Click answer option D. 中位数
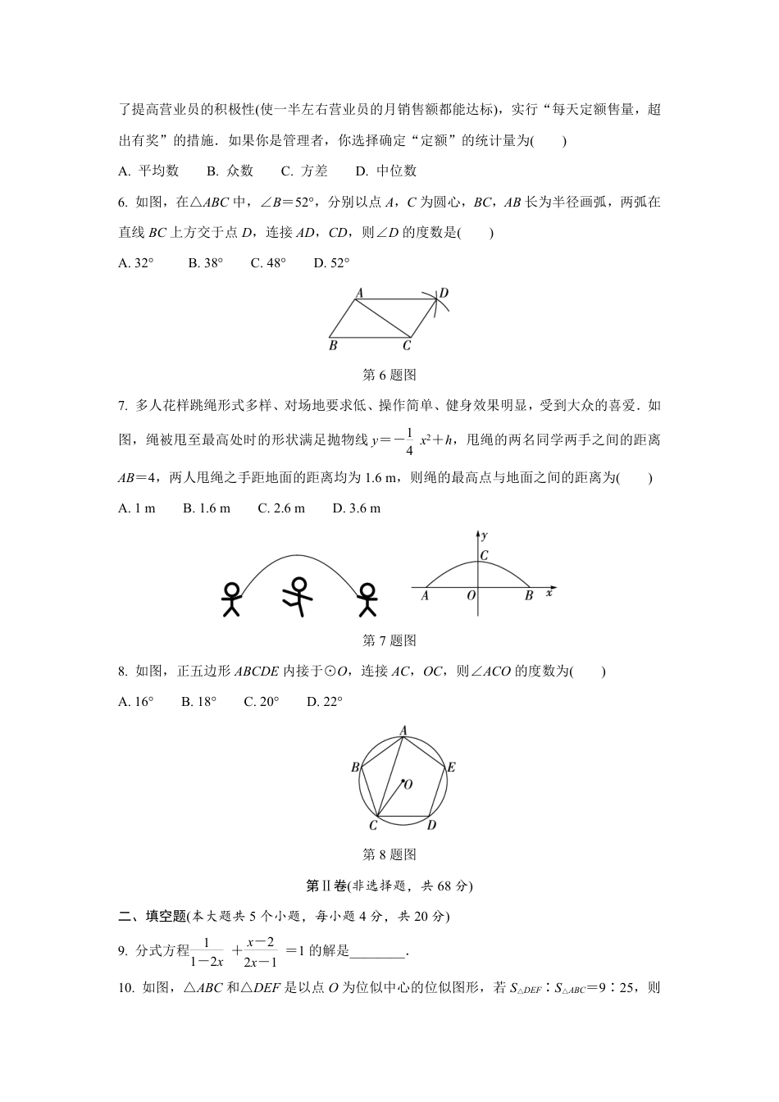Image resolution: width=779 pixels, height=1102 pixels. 386,171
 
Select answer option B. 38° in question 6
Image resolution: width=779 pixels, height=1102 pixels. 205,262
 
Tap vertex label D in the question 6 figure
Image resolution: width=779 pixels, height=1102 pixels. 444,294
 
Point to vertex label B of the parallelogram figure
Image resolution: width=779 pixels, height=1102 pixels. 333,346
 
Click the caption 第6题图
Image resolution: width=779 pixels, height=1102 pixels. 389,375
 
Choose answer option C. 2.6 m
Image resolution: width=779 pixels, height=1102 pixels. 281,508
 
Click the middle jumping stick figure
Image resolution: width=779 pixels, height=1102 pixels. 298,596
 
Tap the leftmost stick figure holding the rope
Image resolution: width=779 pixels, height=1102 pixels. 232,599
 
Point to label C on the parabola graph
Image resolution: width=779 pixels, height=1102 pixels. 484,555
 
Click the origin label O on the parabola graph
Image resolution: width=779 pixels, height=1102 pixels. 471,596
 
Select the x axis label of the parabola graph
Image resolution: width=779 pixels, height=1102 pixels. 549,594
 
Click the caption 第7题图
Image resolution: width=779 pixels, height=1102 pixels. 389,640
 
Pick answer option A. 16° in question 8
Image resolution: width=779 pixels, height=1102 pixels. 136,701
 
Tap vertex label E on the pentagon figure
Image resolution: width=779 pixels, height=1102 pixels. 451,767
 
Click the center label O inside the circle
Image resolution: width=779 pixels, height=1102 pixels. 408,785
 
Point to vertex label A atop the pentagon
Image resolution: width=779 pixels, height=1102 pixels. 403,729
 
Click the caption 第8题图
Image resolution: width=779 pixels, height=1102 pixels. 389,854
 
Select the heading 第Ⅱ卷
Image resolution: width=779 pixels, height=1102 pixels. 326,886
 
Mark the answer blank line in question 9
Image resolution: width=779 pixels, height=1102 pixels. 378,951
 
